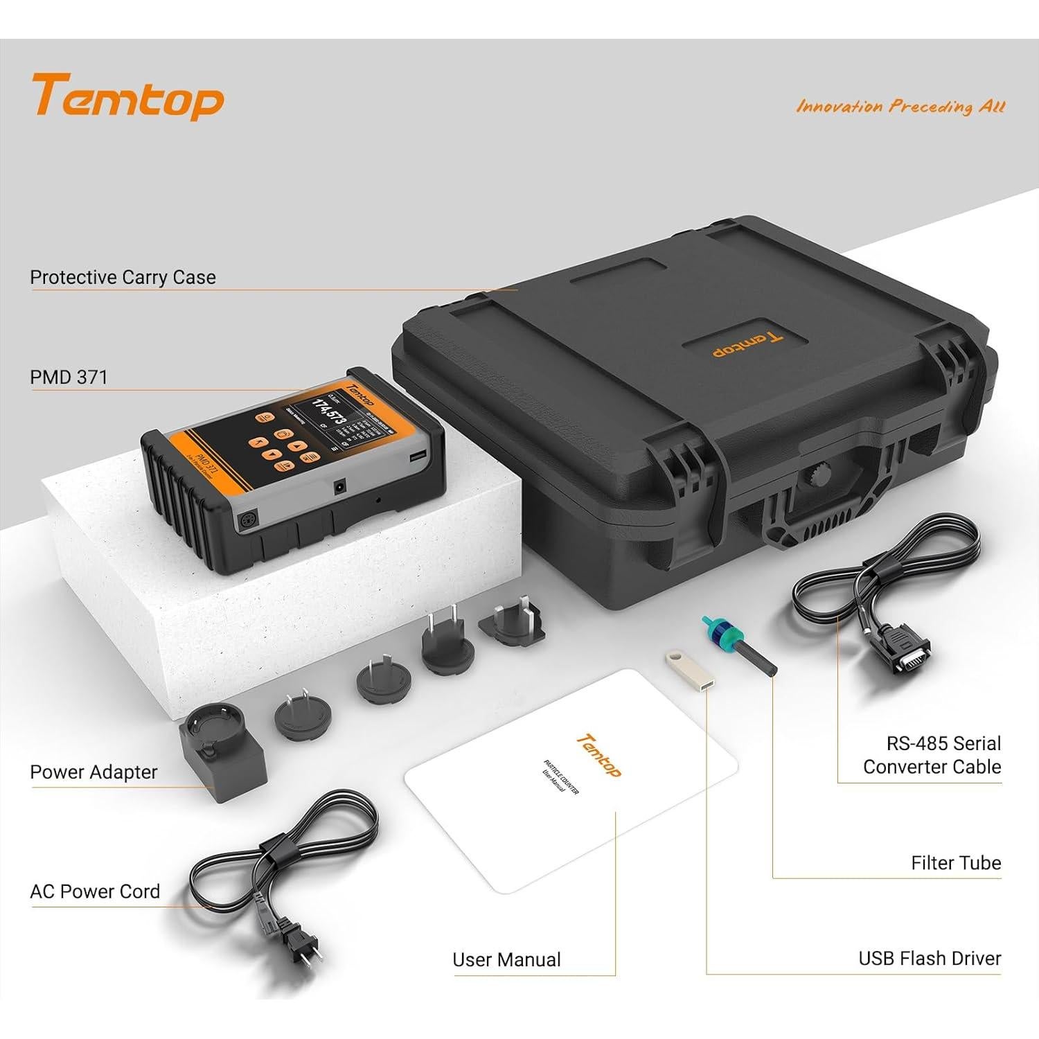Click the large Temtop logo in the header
pyautogui.click(x=127, y=97)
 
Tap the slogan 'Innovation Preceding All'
pyautogui.click(x=900, y=107)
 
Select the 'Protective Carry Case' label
pyautogui.click(x=123, y=277)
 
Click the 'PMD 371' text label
pyautogui.click(x=69, y=378)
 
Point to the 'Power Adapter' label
pyautogui.click(x=94, y=772)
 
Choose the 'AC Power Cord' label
pyautogui.click(x=95, y=891)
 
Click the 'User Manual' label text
pyautogui.click(x=506, y=960)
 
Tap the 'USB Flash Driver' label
pyautogui.click(x=930, y=959)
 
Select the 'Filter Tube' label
pyautogui.click(x=956, y=863)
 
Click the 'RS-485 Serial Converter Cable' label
pyautogui.click(x=932, y=755)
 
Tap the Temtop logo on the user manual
pyautogui.click(x=599, y=756)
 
